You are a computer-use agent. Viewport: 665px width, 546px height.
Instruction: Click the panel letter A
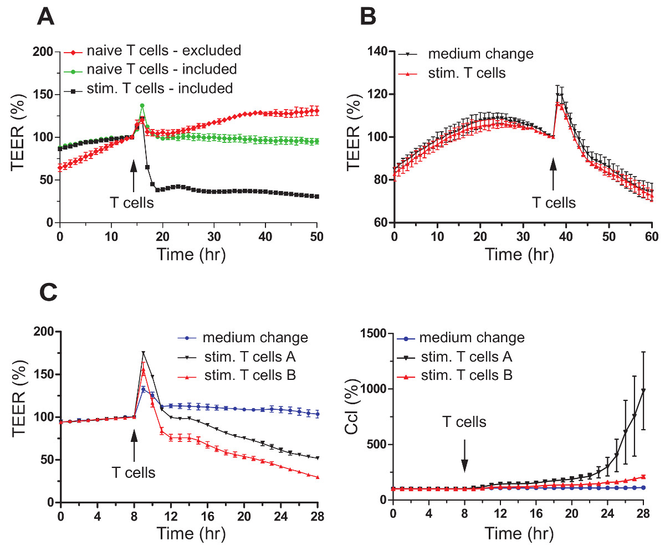point(46,17)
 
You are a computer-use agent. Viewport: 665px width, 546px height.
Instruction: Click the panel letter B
point(369,17)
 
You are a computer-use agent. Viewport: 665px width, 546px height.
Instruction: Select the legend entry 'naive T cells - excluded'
point(163,51)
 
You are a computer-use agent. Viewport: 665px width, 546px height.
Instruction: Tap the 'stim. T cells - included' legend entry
point(160,87)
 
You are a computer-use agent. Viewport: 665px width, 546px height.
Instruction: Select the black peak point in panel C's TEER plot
point(144,352)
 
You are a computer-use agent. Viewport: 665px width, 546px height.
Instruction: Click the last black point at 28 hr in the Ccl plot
point(643,390)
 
